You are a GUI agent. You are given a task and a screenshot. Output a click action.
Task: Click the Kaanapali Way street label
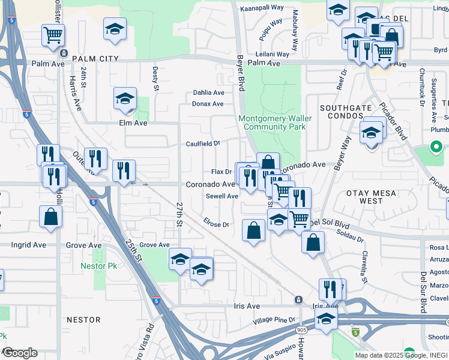[262, 8]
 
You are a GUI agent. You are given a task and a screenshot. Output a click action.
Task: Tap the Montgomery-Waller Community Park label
[275, 122]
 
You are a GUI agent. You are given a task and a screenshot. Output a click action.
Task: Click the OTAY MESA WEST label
[372, 196]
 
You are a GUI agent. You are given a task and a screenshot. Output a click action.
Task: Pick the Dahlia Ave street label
[208, 93]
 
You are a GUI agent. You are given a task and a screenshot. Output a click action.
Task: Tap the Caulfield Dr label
[203, 144]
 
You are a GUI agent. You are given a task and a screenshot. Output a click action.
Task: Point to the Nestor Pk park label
[99, 266]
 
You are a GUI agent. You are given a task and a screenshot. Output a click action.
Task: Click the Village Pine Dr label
[274, 320]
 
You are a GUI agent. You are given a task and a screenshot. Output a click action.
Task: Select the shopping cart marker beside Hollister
[53, 35]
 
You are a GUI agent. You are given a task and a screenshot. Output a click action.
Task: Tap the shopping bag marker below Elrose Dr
[254, 230]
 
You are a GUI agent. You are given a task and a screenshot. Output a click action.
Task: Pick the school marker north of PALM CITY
[115, 28]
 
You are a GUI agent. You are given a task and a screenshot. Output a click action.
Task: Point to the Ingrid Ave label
[29, 245]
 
